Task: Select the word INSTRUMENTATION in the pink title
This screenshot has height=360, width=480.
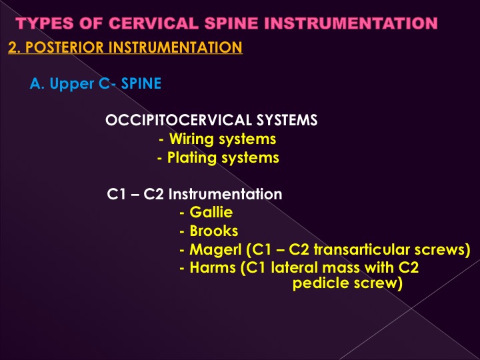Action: [x=351, y=23]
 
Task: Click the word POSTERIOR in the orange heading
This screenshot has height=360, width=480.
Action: [x=65, y=47]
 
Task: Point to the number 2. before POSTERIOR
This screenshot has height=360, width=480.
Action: [x=15, y=47]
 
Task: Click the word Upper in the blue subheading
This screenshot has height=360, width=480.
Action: [x=71, y=84]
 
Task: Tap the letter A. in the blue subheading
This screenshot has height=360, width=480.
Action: [x=37, y=83]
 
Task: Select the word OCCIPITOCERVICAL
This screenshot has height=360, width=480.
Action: [x=179, y=120]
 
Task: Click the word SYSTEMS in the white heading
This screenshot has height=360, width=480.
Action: [x=287, y=120]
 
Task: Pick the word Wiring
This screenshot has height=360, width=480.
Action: [x=191, y=139]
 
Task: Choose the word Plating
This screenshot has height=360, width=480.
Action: [x=192, y=158]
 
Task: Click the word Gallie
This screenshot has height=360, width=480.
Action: [x=211, y=213]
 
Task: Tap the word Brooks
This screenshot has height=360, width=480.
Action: [x=214, y=231]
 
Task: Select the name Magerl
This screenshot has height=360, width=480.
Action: [x=215, y=250]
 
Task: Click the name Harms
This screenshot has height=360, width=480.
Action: [x=213, y=267]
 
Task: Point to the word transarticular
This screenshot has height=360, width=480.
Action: [x=362, y=249]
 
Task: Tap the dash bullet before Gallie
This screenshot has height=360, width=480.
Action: [x=182, y=213]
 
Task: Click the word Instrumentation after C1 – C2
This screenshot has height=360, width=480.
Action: [x=225, y=194]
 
